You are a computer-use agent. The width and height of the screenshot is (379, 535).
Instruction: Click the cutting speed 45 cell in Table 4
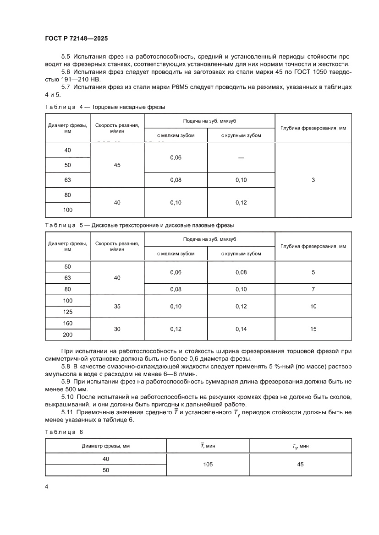click(117, 165)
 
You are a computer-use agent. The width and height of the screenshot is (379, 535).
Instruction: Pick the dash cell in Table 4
click(241, 157)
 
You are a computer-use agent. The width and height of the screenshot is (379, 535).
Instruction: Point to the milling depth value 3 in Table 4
click(313, 180)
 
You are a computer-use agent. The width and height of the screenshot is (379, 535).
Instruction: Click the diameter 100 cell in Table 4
click(68, 210)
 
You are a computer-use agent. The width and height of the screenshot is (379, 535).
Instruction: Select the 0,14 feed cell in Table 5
click(241, 329)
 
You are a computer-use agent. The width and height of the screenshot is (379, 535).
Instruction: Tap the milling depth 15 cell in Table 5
click(313, 329)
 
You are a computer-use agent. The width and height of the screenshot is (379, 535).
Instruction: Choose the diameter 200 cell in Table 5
click(68, 335)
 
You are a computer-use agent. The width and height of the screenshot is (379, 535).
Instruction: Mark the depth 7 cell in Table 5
click(313, 289)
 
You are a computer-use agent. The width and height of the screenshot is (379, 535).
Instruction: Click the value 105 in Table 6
click(207, 464)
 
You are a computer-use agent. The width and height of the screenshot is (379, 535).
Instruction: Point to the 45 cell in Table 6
click(300, 464)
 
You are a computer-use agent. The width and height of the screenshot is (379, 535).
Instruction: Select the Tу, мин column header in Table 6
click(300, 445)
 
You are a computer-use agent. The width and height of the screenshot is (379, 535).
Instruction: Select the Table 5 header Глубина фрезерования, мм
click(313, 246)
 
